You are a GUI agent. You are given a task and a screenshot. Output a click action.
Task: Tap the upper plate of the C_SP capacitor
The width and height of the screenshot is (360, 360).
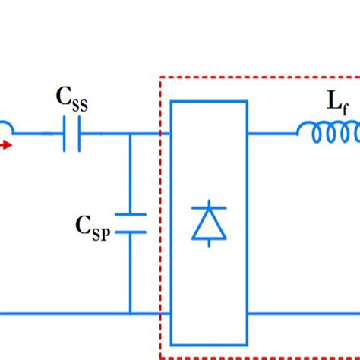(130, 214)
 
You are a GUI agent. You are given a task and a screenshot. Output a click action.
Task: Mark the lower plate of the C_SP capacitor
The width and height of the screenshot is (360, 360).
(130, 232)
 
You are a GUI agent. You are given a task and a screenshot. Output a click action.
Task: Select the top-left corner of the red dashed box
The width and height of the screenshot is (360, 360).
(160, 77)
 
